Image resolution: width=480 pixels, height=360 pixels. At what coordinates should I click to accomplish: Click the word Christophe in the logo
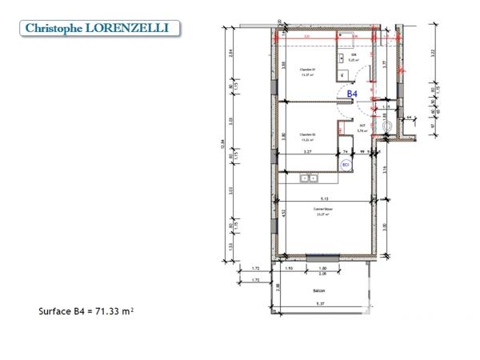click(54, 28)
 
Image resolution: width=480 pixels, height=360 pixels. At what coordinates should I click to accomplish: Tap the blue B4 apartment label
click(350, 94)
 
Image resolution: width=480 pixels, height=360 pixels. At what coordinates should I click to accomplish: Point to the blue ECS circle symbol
click(346, 164)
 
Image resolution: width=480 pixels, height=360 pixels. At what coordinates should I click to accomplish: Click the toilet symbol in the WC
click(389, 127)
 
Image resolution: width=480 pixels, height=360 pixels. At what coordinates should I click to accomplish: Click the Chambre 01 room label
click(308, 70)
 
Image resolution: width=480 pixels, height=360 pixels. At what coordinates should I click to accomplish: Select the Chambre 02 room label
click(308, 134)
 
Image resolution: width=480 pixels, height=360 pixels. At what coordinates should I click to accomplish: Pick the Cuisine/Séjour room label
click(323, 208)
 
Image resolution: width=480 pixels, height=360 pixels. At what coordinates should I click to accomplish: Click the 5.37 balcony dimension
click(321, 304)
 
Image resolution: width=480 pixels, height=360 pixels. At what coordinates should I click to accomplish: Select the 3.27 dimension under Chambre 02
click(306, 151)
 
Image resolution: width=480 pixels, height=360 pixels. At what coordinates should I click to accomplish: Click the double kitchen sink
click(308, 178)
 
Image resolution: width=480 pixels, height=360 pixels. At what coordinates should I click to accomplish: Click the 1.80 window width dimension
click(322, 267)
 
